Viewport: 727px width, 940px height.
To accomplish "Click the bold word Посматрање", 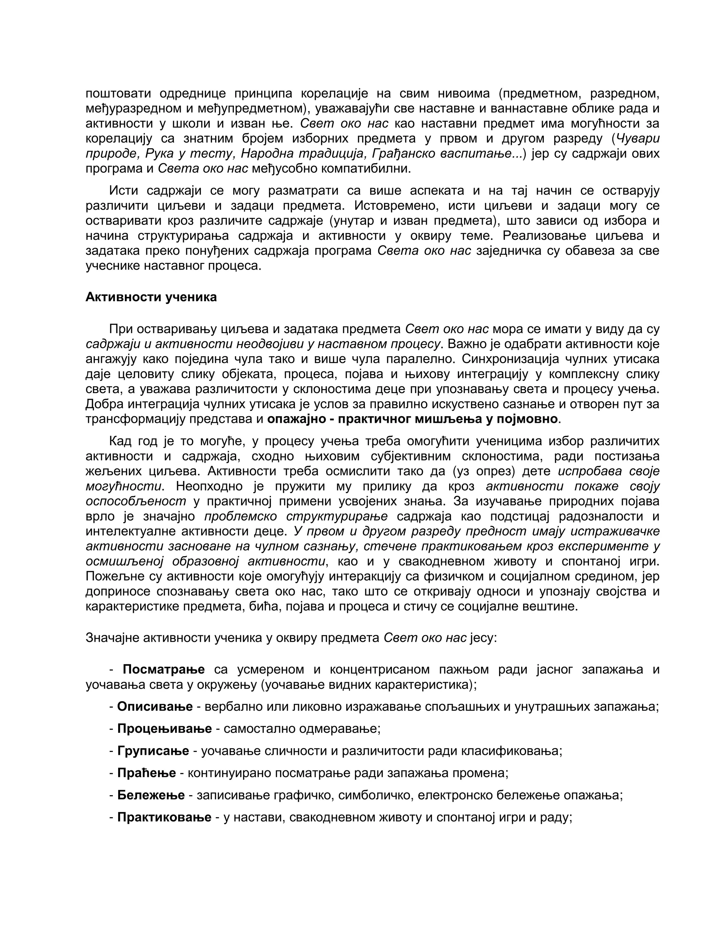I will tap(164, 669).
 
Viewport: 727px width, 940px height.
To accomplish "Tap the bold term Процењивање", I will tap(164, 729).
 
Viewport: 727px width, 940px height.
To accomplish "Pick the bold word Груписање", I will tap(153, 751).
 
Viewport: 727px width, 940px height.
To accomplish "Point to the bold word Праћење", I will tap(147, 773).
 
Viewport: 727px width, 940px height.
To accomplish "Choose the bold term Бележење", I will tap(151, 795).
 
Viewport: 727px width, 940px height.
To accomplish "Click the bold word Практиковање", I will tap(164, 817).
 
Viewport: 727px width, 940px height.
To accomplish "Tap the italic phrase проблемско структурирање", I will tap(296, 516).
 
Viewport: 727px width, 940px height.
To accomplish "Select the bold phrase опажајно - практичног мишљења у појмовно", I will tap(412, 419).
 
